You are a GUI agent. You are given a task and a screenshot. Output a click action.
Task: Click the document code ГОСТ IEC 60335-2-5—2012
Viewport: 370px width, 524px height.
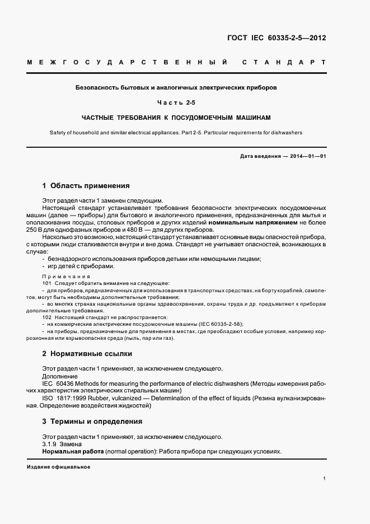[277, 39]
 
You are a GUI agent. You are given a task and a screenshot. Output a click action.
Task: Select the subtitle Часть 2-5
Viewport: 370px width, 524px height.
[176, 102]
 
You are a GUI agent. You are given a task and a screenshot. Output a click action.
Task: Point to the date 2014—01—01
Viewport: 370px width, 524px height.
[307, 156]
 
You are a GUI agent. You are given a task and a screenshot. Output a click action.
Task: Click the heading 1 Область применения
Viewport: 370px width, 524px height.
[86, 185]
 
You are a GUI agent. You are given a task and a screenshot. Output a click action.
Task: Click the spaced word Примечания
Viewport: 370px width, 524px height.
[66, 277]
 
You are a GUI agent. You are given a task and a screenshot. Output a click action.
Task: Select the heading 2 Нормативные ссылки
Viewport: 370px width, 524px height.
[87, 354]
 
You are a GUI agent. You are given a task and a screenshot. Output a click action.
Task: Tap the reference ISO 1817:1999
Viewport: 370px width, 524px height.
[64, 397]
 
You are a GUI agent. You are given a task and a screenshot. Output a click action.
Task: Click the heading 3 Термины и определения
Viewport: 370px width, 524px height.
[92, 421]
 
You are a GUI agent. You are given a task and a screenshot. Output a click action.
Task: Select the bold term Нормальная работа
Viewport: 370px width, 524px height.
[71, 451]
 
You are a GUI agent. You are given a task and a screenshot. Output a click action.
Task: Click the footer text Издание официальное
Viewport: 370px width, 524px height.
[58, 467]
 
